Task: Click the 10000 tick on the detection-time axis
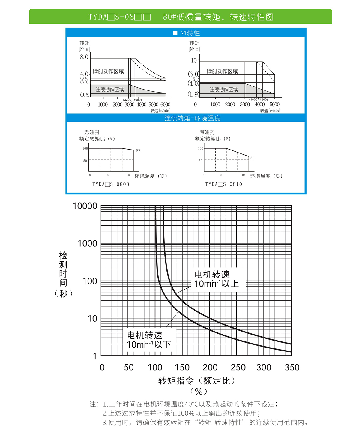85,206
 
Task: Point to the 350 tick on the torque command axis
292,367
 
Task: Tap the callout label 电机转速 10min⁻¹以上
216,279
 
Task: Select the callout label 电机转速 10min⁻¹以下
149,340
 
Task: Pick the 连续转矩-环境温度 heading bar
192,118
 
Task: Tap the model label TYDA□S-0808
111,184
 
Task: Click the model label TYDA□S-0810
223,184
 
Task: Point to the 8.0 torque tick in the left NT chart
84,57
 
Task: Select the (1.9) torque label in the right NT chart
193,94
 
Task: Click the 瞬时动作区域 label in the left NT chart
108,71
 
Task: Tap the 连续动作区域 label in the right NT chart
223,90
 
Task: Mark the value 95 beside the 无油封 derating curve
138,150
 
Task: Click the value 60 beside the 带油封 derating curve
252,158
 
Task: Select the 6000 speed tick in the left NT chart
165,105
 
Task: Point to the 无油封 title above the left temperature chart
91,132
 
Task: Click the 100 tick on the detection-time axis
90,281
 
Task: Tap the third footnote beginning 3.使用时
205,423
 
